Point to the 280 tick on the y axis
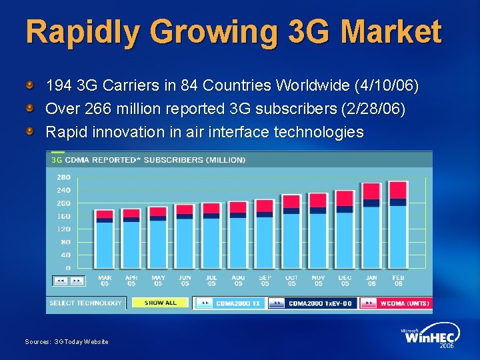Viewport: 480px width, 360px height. coord(63,177)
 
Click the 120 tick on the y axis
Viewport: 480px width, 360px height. coord(63,229)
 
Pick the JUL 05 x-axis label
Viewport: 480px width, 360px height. coord(211,280)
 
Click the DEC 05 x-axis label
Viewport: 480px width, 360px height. coord(345,280)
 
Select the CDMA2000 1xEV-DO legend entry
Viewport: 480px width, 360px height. coord(312,303)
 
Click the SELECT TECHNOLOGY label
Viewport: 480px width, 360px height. coord(86,303)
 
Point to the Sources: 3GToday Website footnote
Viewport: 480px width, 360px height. coord(67,342)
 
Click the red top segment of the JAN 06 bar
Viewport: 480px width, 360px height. coord(371,191)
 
